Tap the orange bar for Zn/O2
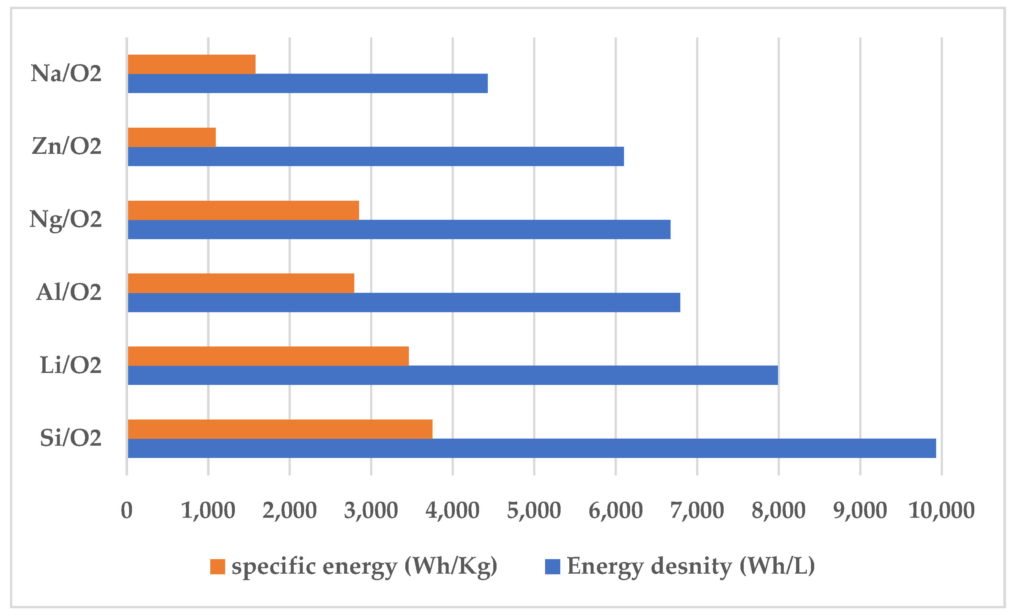[171, 137]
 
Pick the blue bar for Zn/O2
[376, 156]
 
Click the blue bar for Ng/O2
[399, 229]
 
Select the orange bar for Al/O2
[241, 283]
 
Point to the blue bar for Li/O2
[453, 375]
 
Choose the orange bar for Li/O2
[268, 356]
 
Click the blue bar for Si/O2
[532, 448]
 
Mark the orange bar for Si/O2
[280, 429]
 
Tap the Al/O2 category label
[69, 292]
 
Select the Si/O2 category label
[70, 438]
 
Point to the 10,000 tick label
[942, 510]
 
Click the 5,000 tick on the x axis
[534, 510]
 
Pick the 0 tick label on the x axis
[126, 510]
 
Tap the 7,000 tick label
[697, 510]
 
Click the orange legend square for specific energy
[217, 567]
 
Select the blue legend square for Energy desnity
[553, 567]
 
